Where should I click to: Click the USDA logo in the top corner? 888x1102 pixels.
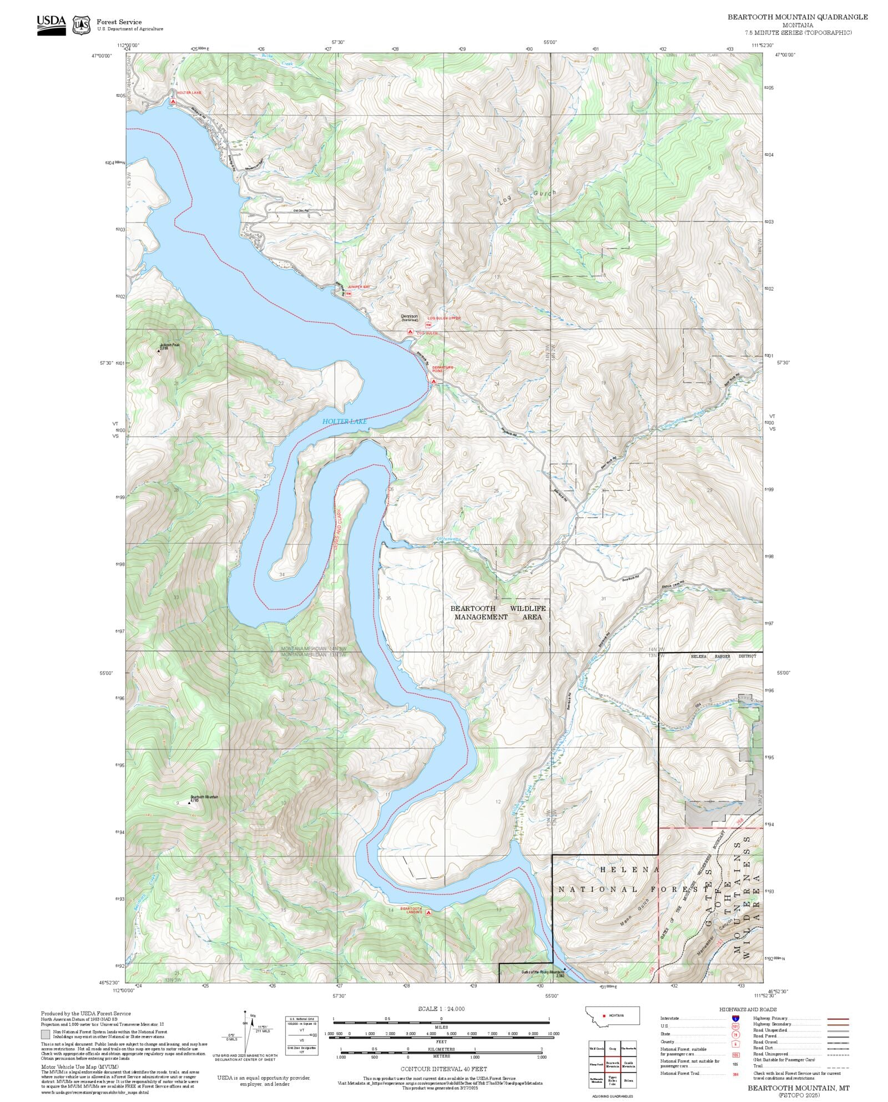51,25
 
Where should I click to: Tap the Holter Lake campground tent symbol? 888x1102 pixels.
173,102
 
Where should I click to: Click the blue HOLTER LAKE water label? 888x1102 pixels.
345,422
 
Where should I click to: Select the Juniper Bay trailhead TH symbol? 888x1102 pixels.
349,293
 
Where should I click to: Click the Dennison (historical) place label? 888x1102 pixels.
410,317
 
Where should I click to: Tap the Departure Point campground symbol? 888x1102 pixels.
433,381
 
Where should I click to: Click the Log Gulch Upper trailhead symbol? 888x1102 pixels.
428,325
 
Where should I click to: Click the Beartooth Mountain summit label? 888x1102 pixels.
204,797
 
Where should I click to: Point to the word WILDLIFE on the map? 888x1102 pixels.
528,608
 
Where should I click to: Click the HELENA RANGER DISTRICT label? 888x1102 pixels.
723,656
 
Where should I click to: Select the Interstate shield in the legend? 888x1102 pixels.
735,1018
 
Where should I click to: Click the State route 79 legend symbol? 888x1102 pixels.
735,1034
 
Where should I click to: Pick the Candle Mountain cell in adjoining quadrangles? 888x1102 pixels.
628,1064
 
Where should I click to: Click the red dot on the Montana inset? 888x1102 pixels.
604,1015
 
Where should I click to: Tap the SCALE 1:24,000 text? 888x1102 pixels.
441,1009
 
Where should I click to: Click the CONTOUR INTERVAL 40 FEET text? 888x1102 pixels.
443,1069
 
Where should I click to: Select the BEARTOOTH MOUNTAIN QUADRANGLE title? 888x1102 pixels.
798,17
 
